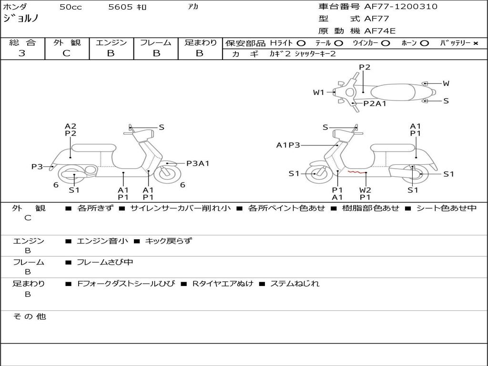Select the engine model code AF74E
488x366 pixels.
click(x=380, y=31)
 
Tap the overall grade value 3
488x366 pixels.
click(x=22, y=53)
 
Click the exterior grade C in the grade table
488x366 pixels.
click(x=66, y=53)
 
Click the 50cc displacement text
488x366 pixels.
click(x=70, y=7)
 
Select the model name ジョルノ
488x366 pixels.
click(x=21, y=19)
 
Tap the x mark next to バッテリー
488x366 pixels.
click(x=475, y=43)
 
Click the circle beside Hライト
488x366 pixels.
click(x=301, y=43)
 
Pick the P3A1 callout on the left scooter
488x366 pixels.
click(x=197, y=163)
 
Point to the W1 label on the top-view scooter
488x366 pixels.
click(x=318, y=92)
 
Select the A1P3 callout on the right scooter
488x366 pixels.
click(x=288, y=145)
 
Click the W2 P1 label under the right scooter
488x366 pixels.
click(x=365, y=193)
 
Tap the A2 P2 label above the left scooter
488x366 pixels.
click(x=71, y=130)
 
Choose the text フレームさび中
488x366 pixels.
click(x=105, y=262)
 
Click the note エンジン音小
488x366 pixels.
click(x=102, y=241)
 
